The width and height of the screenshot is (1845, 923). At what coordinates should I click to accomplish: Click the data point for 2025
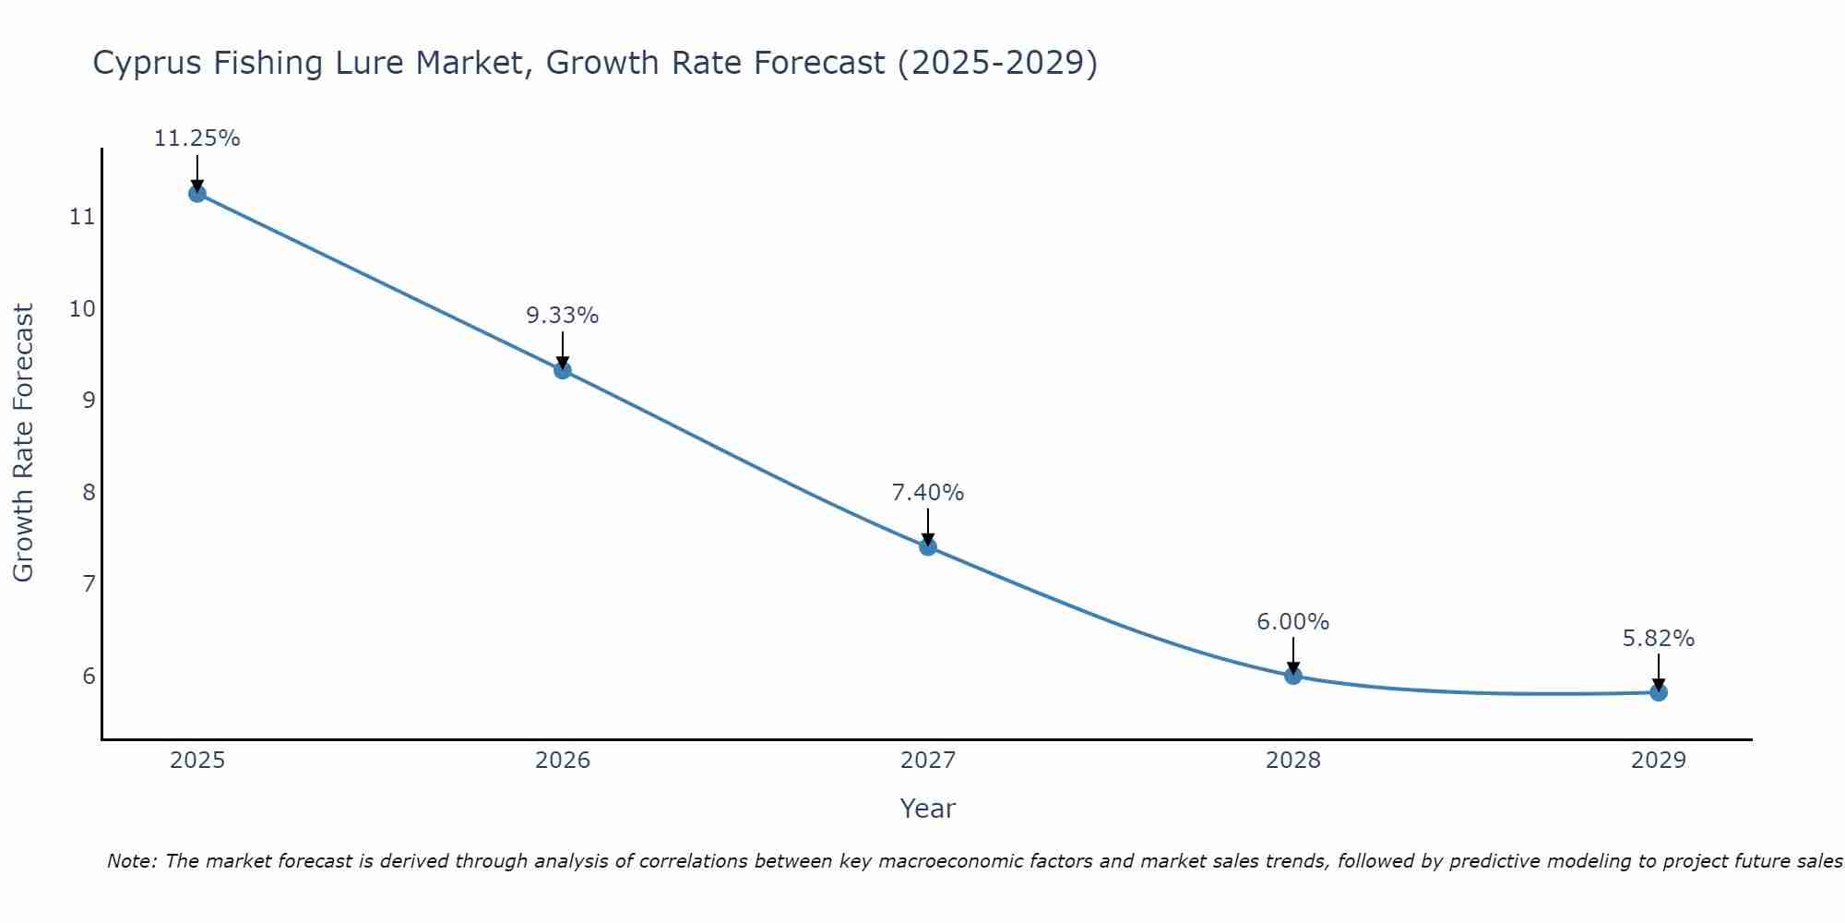(196, 193)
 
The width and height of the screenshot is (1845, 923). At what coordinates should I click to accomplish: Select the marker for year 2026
(563, 370)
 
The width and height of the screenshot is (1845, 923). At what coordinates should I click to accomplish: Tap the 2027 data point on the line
(928, 546)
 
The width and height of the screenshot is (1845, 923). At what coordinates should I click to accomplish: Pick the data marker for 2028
(1293, 676)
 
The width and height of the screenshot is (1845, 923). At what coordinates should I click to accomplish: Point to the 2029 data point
(1659, 692)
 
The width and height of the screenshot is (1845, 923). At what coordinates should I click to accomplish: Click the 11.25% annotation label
(196, 138)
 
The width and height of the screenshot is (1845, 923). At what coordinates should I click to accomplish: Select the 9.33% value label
(563, 316)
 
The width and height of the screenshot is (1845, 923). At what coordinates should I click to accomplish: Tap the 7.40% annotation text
(928, 493)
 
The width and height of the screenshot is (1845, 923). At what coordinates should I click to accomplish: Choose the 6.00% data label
(1293, 622)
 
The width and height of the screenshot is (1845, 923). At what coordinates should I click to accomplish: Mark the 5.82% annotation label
(1659, 639)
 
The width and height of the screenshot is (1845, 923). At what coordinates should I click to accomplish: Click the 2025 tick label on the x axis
(197, 761)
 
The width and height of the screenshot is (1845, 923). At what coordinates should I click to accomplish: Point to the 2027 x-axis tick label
(928, 761)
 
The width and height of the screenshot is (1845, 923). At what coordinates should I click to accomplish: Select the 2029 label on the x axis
(1659, 761)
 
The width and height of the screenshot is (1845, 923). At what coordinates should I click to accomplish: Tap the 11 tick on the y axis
(82, 217)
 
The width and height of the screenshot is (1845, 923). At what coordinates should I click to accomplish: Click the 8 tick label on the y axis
(89, 492)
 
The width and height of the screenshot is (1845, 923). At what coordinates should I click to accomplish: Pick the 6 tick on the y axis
(89, 676)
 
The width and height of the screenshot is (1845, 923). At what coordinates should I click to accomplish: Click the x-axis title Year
(928, 809)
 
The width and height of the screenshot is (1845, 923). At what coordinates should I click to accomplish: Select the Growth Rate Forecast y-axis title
(23, 443)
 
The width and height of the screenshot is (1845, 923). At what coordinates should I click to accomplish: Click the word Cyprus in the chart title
(149, 63)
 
